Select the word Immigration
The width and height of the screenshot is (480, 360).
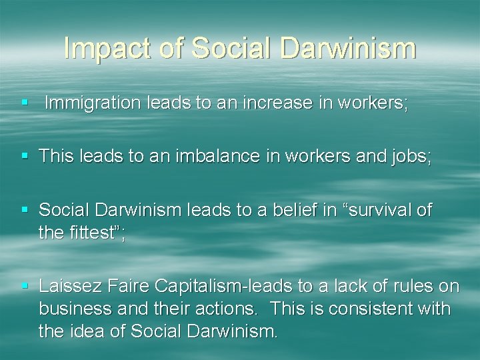[x=91, y=104]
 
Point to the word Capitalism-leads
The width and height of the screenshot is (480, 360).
[x=221, y=287]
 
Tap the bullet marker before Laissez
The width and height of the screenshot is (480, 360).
[x=25, y=287]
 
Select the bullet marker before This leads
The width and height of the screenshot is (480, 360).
[x=25, y=157]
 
